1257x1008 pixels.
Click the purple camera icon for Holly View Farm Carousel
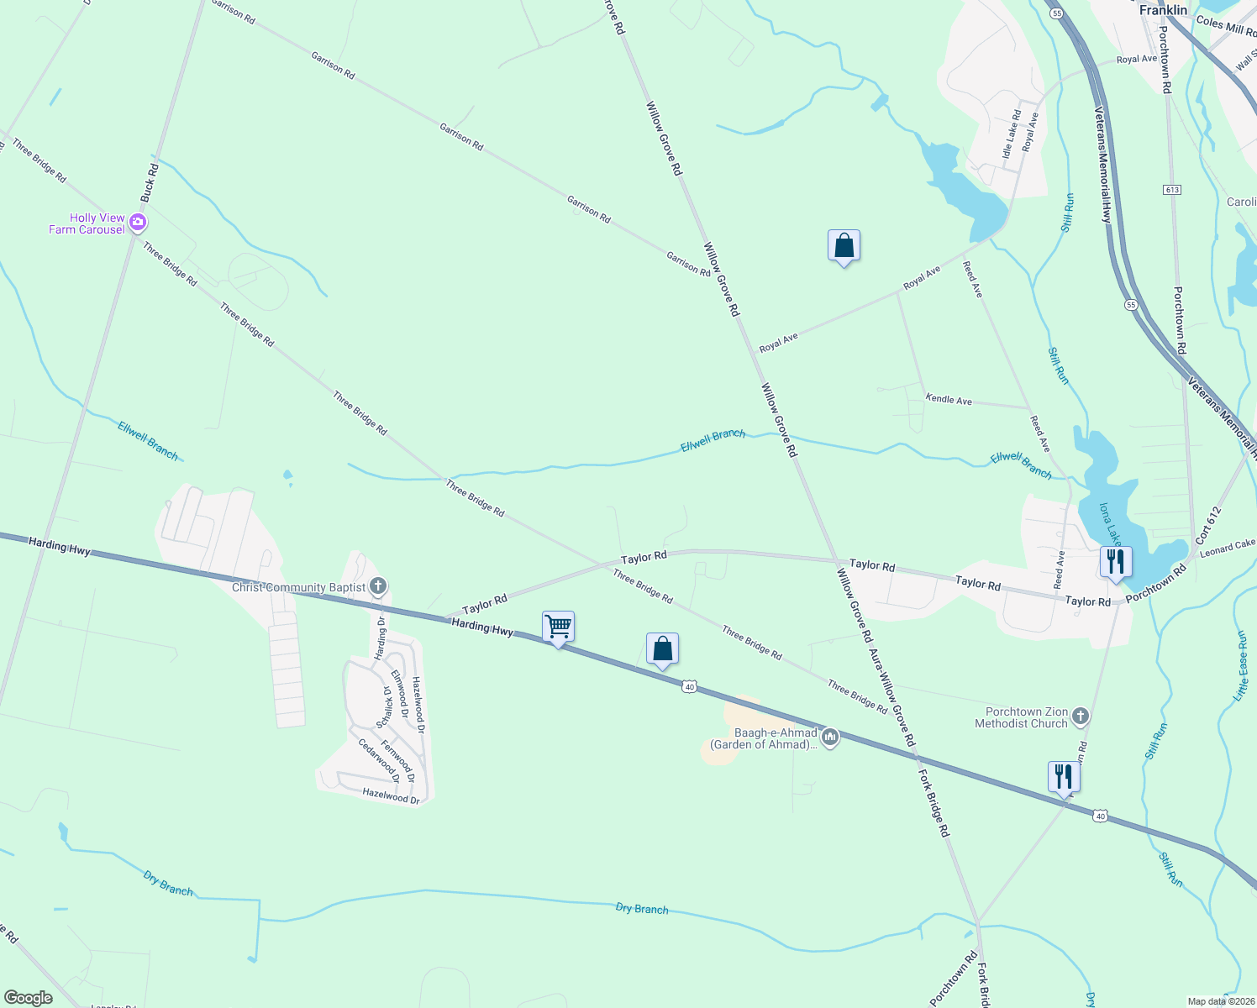(x=138, y=223)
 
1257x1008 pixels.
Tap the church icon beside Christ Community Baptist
(x=378, y=585)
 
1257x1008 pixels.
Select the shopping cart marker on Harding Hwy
(x=558, y=627)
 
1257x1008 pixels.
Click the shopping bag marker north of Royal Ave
(x=844, y=246)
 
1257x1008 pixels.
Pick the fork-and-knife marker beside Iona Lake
(x=1115, y=562)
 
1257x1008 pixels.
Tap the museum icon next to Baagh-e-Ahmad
(x=830, y=738)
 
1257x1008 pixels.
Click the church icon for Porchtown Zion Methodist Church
(x=1081, y=717)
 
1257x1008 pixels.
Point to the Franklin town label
(x=1163, y=10)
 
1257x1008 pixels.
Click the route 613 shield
(x=1172, y=190)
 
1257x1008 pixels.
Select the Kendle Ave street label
(x=949, y=400)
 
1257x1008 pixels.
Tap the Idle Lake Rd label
(x=1011, y=134)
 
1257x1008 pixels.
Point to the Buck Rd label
(x=150, y=182)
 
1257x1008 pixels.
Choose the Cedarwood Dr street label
(x=378, y=760)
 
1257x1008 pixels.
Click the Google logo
(x=28, y=998)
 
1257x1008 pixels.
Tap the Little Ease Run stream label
(x=1241, y=666)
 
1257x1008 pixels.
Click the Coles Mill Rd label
(x=1224, y=26)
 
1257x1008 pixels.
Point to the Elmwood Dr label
(x=400, y=694)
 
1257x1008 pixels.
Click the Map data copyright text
(x=1220, y=1001)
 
